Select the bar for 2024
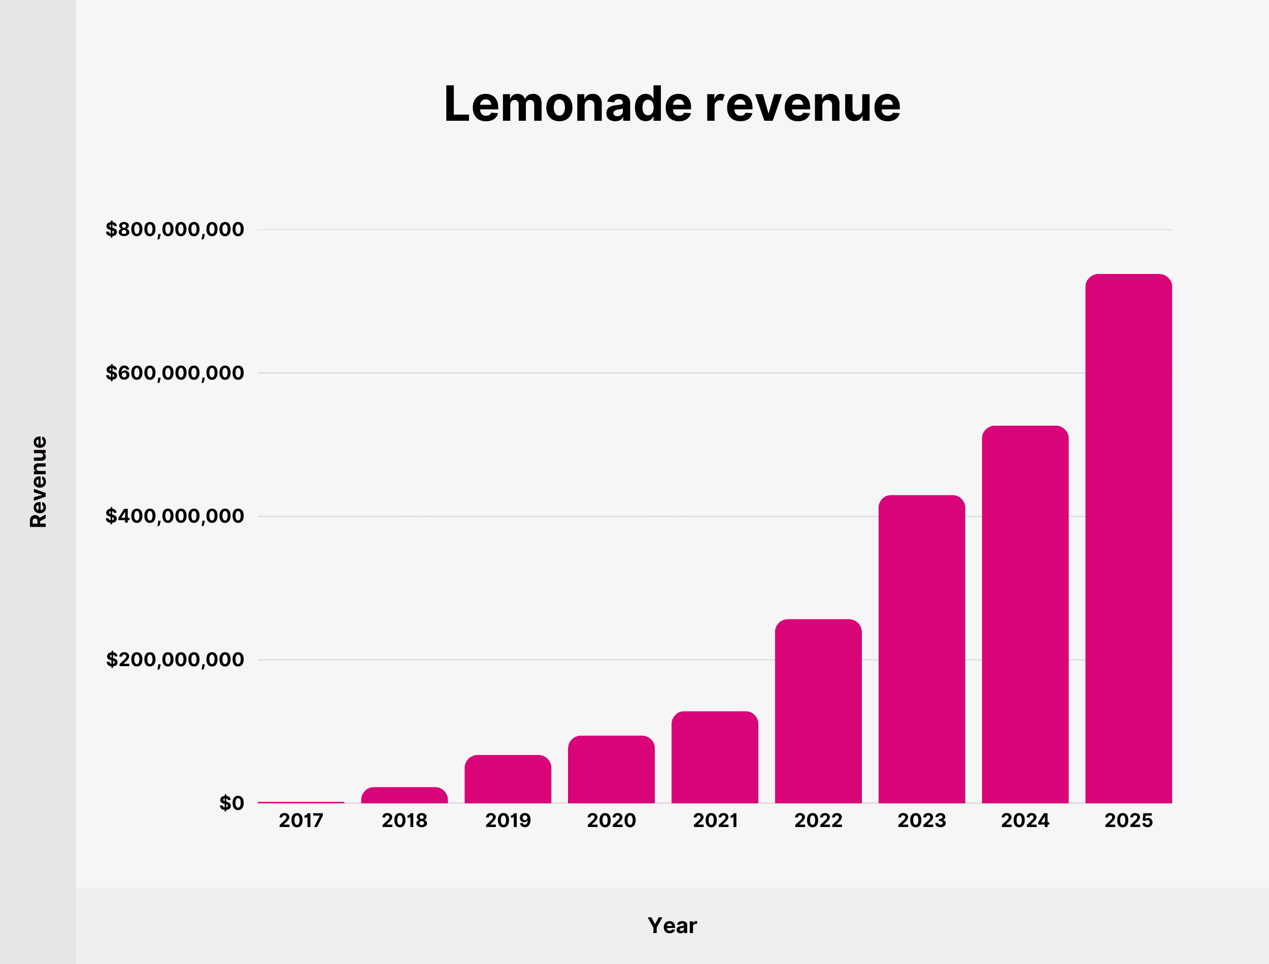click(x=1025, y=614)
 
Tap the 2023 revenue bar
click(x=922, y=649)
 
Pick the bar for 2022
click(x=818, y=711)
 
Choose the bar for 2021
click(x=715, y=757)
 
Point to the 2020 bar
click(x=611, y=769)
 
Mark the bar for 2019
click(x=508, y=779)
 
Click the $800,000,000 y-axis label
click(x=175, y=229)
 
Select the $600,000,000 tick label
click(x=175, y=373)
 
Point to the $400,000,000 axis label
click(x=175, y=517)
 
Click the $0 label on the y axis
click(x=231, y=803)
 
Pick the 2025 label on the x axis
click(x=1128, y=820)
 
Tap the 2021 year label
click(x=715, y=820)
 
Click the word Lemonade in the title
click(x=567, y=105)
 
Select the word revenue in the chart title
click(x=803, y=105)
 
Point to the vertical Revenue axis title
click(x=39, y=481)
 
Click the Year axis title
click(x=672, y=925)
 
